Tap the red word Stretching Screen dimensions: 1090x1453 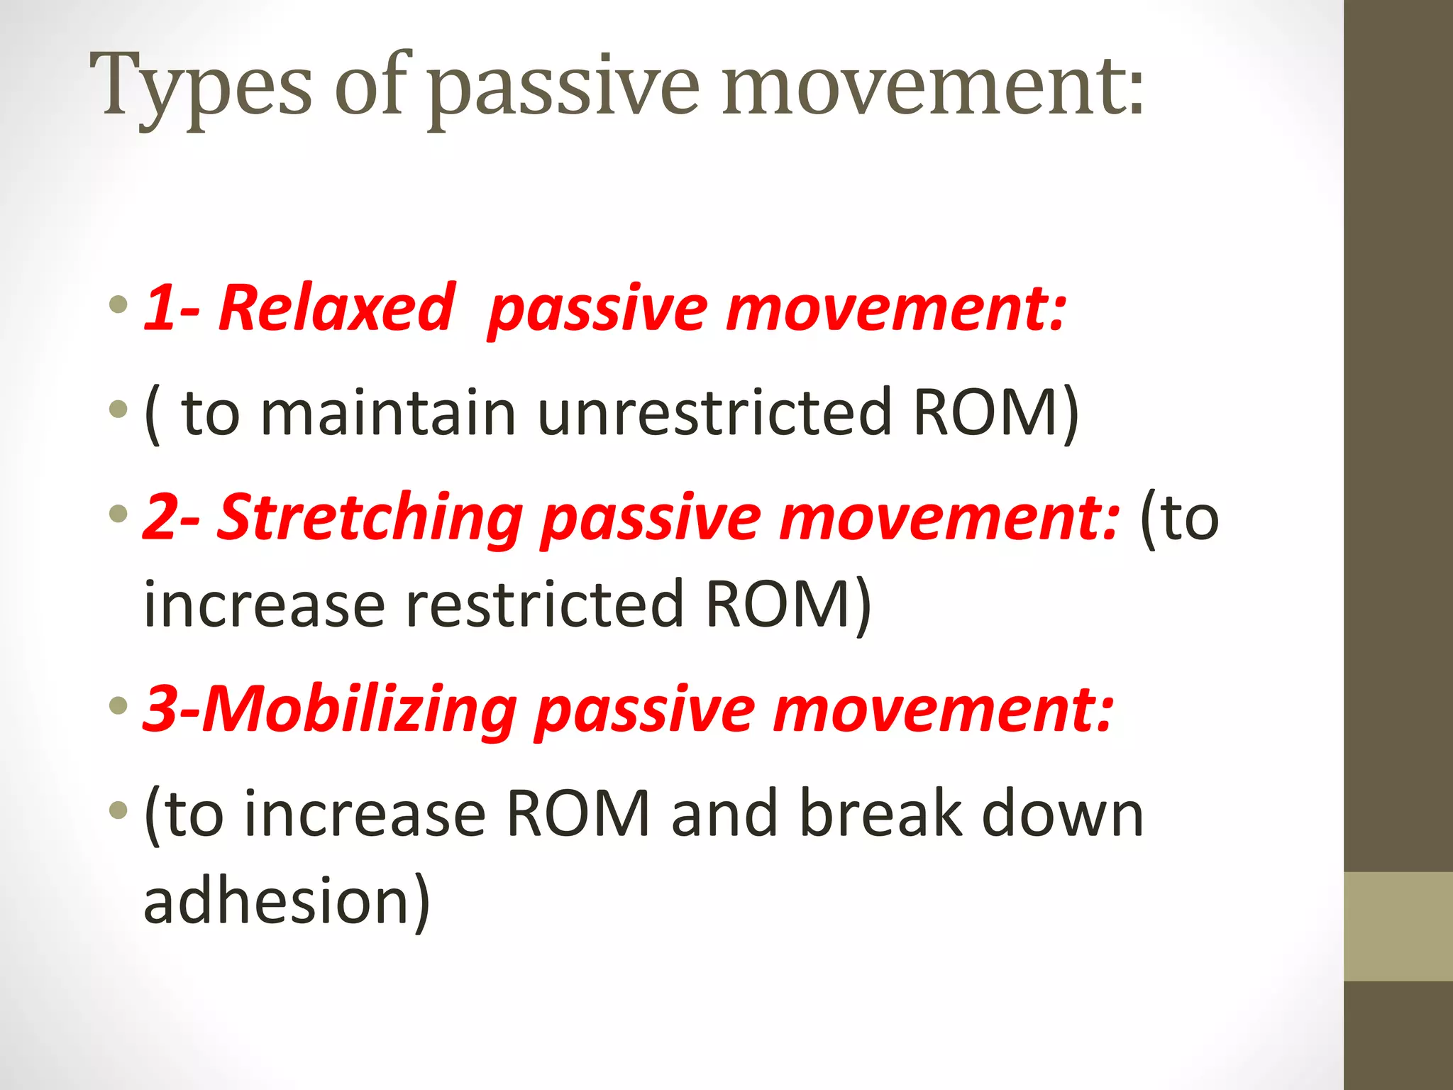(369, 518)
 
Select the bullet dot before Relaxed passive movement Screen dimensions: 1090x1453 (118, 305)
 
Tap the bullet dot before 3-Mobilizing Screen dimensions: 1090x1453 (118, 706)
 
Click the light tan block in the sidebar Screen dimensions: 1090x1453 (1398, 926)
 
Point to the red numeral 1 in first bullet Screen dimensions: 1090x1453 (159, 309)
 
